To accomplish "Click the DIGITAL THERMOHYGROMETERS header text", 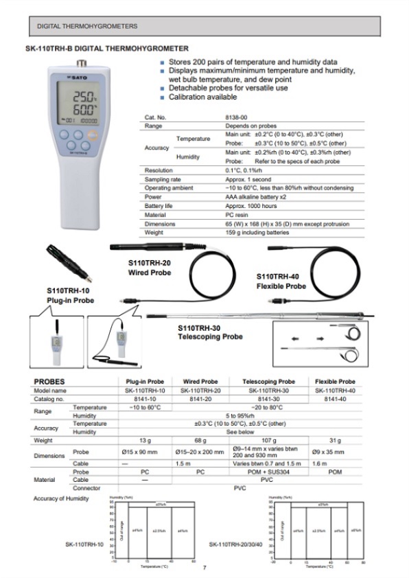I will pyautogui.click(x=86, y=26).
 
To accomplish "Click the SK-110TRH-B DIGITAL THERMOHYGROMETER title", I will pyautogui.click(x=106, y=49).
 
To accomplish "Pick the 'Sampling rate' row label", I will pyautogui.click(x=161, y=179).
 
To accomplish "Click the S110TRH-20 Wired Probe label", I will pyautogui.click(x=150, y=268).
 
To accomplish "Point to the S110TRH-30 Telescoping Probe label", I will pyautogui.click(x=210, y=333).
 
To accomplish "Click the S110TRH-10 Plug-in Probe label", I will pyautogui.click(x=70, y=295).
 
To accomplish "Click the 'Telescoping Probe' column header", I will pyautogui.click(x=269, y=382).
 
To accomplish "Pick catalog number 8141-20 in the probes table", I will pyautogui.click(x=200, y=399).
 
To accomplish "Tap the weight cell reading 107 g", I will pyautogui.click(x=269, y=441).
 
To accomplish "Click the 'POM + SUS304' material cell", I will pyautogui.click(x=269, y=472).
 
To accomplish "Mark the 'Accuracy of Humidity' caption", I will pyautogui.click(x=61, y=498).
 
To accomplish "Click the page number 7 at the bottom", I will pyautogui.click(x=204, y=567).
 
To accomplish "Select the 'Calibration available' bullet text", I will pyautogui.click(x=203, y=97).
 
